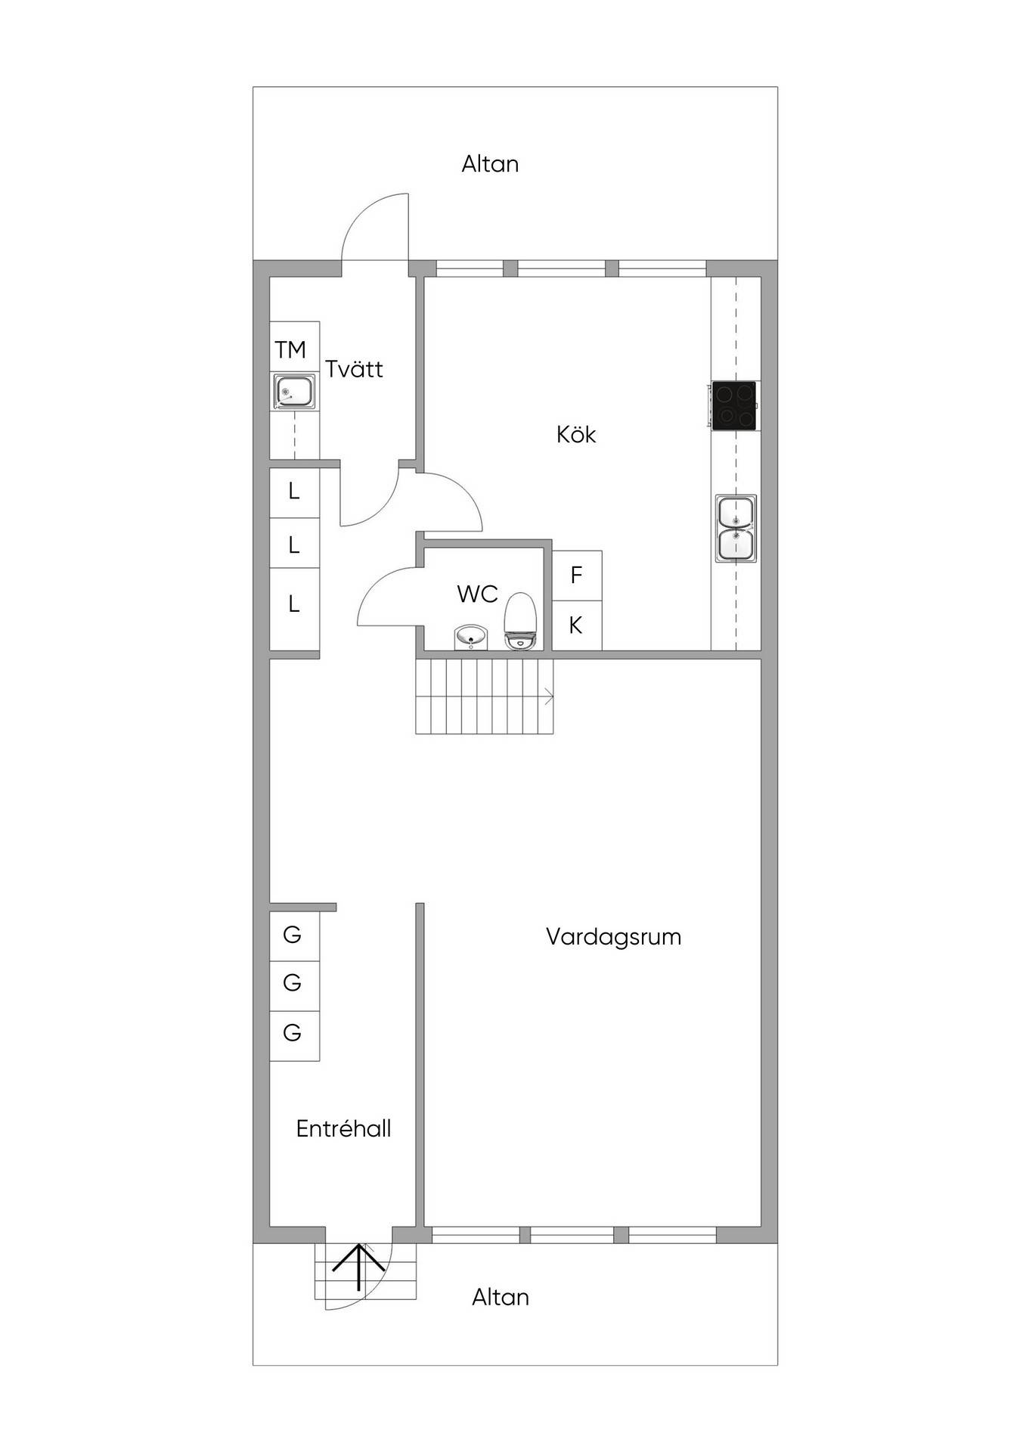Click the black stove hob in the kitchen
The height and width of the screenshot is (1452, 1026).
coord(733,406)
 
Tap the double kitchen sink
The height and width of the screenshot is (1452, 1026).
coord(736,528)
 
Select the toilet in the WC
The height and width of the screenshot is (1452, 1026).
coord(520,621)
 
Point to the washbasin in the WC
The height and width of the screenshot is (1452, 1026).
coord(473,638)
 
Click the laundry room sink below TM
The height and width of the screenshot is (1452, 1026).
coord(295,392)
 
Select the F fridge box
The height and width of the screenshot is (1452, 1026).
coord(577,576)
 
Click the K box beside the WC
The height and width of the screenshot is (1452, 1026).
coord(577,625)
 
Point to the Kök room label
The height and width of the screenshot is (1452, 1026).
coord(576,434)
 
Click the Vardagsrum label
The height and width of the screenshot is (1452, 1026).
coord(613,937)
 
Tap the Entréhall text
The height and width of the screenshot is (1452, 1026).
coord(343,1128)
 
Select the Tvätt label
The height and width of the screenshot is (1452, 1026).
coord(354,368)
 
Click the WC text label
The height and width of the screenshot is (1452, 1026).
coord(477,594)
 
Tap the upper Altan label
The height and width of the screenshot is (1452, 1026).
coord(490,164)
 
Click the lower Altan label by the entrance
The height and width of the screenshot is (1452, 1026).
coord(500,1298)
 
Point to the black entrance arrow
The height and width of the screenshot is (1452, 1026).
coord(358,1267)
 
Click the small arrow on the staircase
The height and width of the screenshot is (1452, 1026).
coord(548,697)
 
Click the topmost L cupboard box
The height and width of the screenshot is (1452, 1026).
coord(295,492)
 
